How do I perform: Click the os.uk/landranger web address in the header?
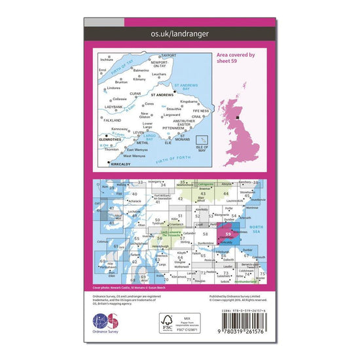pos(179,32)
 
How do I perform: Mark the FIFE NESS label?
pos(200,113)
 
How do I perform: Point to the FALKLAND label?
pos(112,120)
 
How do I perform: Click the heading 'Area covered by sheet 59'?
pos(236,60)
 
